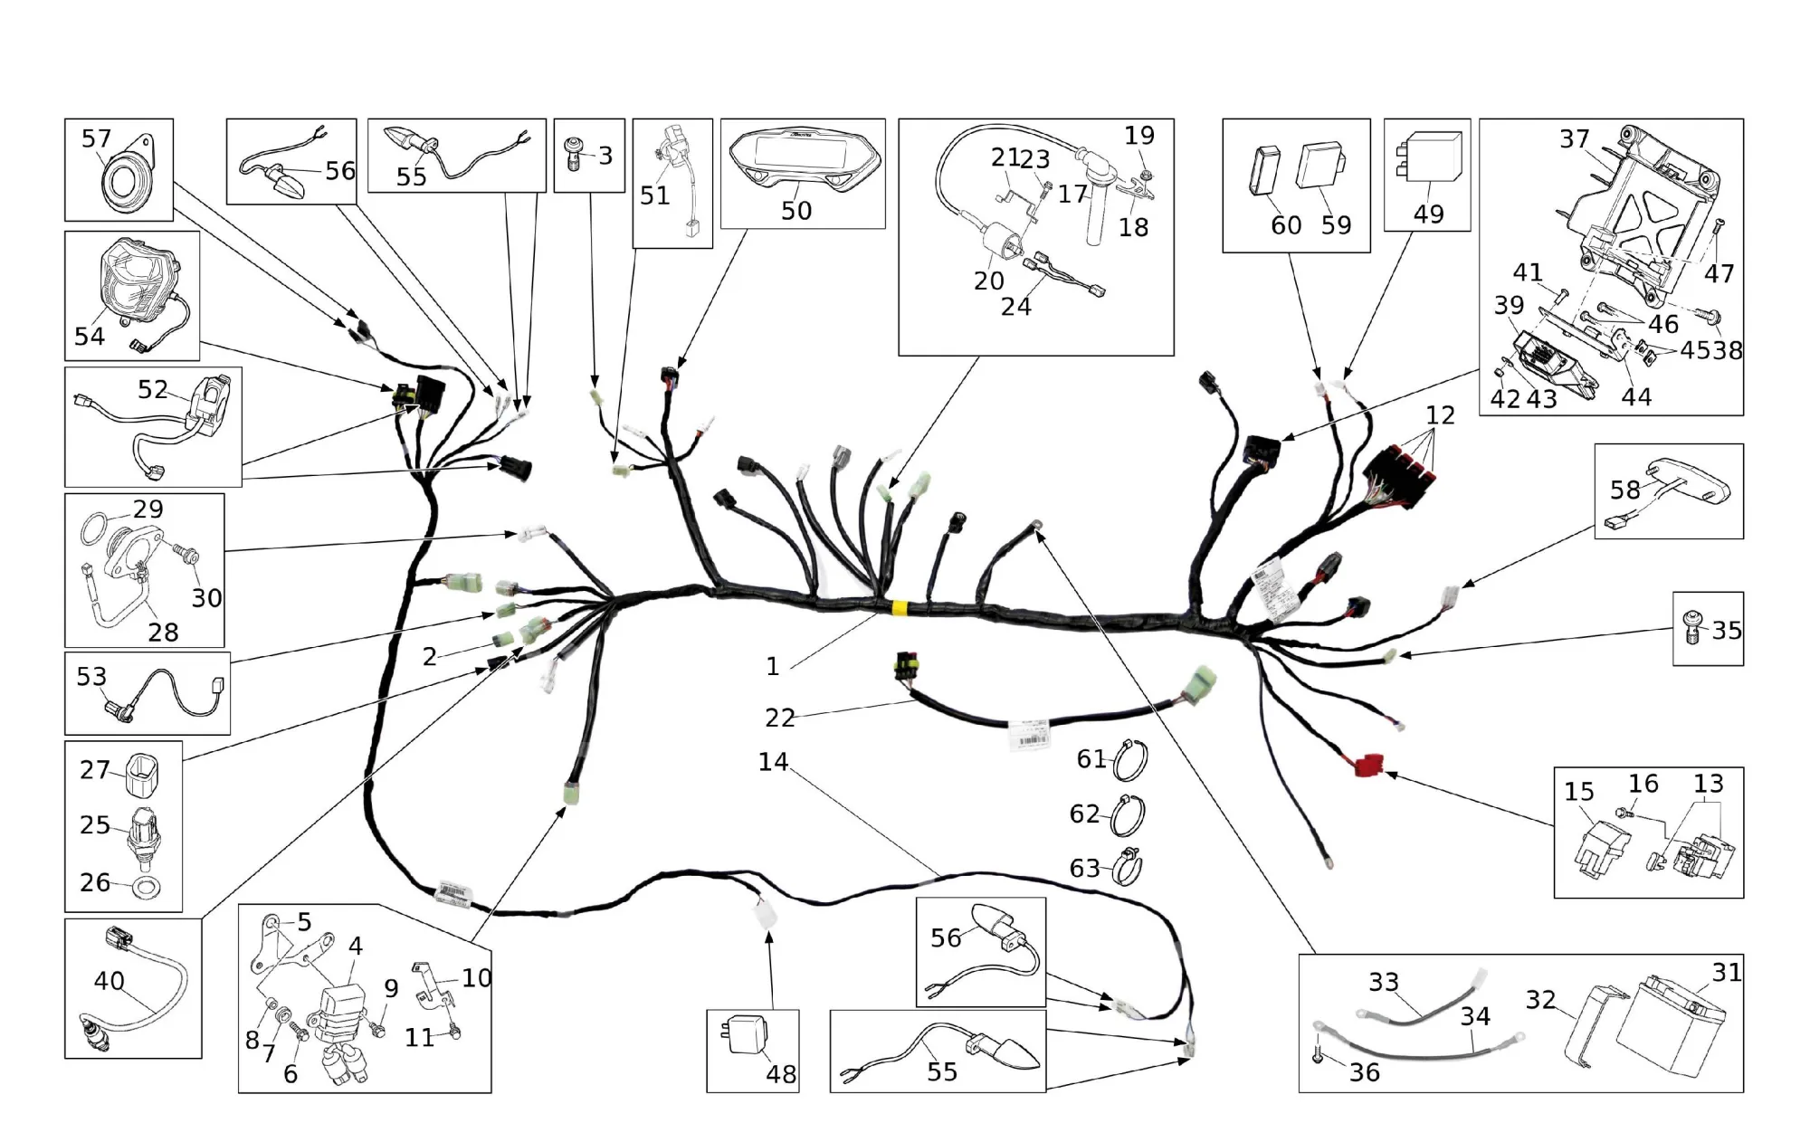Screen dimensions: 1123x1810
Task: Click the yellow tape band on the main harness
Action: click(x=900, y=608)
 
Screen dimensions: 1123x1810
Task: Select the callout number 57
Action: click(x=96, y=138)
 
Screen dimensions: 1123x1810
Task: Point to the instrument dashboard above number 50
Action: click(x=803, y=162)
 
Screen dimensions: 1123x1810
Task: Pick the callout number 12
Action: click(x=1440, y=415)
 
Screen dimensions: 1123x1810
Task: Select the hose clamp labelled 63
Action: click(x=1128, y=868)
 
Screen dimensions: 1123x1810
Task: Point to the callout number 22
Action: click(x=779, y=718)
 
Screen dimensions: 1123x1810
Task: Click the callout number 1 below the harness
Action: click(x=772, y=667)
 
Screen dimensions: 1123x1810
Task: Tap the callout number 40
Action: click(x=109, y=981)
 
